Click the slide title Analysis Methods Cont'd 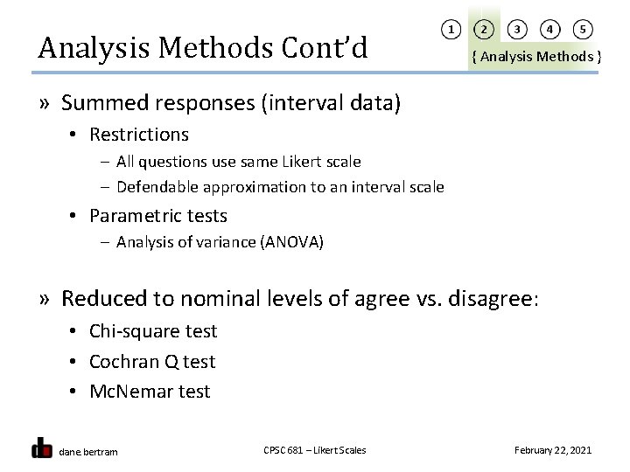pos(202,47)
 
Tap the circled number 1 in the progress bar pos(451,30)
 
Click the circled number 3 pos(517,30)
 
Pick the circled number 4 pos(549,30)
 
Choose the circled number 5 pos(582,30)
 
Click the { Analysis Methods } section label pos(535,57)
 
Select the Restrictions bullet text pos(139,135)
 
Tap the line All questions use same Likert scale pos(238,162)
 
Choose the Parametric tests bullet pos(158,215)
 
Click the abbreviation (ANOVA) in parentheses pos(291,242)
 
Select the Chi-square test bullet pos(153,331)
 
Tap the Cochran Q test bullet pos(152,361)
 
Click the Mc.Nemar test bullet pos(150,392)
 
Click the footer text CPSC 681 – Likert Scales pos(315,450)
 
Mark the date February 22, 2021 pos(553,450)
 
